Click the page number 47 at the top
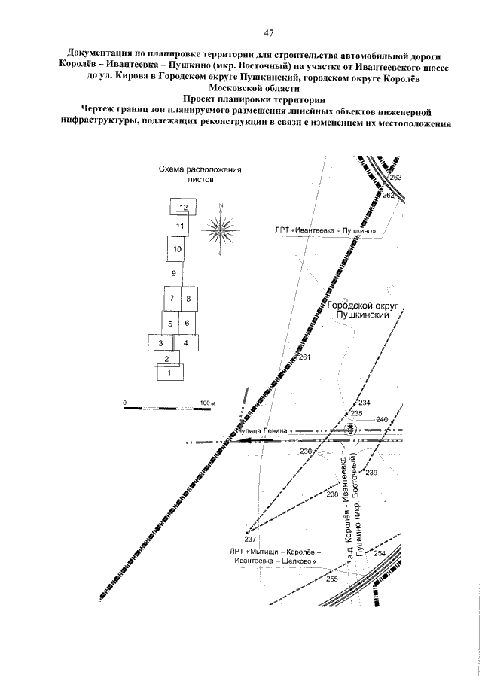click(268, 33)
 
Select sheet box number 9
click(174, 273)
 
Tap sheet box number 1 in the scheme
click(169, 372)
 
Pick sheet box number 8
click(188, 299)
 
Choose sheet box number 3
click(160, 343)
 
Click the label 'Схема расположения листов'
click(200, 175)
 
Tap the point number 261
click(305, 357)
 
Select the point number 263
click(397, 178)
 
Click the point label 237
click(251, 539)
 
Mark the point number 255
click(331, 579)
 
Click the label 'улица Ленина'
click(267, 430)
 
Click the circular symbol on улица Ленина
click(350, 429)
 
